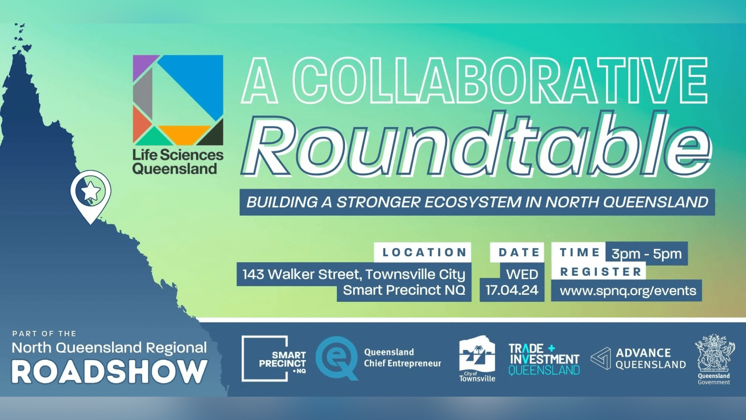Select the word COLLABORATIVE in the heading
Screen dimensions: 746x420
[500, 80]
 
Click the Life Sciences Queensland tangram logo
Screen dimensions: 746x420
[178, 100]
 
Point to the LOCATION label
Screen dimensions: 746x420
[424, 252]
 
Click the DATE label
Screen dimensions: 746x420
[519, 252]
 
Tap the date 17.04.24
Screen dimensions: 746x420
[512, 290]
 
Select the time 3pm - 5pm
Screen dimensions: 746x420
[647, 254]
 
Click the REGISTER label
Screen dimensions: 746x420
[601, 272]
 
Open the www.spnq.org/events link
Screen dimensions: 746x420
[628, 291]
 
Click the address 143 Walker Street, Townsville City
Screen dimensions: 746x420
[354, 275]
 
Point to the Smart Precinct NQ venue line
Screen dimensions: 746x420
[404, 290]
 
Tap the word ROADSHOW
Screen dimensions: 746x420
[109, 372]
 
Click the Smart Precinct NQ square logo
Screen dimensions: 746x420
[274, 359]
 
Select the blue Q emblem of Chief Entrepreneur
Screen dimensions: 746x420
[336, 358]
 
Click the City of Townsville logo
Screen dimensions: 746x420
[477, 359]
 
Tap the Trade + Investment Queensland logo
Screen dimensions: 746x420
[544, 359]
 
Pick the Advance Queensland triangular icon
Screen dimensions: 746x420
[601, 358]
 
